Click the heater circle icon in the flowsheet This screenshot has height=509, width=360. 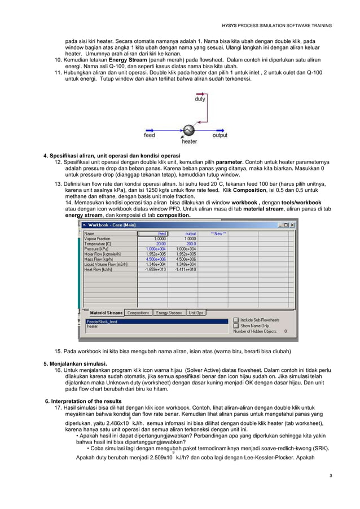click(188, 131)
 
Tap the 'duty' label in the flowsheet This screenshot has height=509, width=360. click(200, 99)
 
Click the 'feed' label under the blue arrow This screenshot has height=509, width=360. click(150, 135)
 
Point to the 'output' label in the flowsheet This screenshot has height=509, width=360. click(219, 135)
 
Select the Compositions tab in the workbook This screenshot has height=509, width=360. click(138, 313)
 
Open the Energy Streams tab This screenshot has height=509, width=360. click(169, 313)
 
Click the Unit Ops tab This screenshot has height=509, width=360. click(196, 313)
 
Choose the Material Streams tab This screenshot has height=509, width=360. click(106, 313)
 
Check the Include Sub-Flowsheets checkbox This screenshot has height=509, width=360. click(236, 319)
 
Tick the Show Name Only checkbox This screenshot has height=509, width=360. click(236, 326)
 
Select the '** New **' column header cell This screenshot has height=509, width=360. click(218, 233)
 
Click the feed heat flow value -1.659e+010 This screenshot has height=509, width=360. click(154, 269)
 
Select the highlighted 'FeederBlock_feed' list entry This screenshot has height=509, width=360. click(102, 322)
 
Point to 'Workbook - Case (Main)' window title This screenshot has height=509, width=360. click(113, 225)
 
